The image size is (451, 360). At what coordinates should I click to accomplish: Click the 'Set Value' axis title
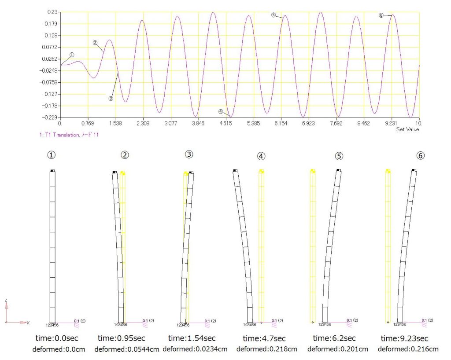pos(407,129)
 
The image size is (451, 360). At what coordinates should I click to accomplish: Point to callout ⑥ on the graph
pos(381,15)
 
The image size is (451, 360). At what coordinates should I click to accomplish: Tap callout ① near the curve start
pos(72,55)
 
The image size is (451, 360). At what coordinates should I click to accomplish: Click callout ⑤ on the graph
pos(273,15)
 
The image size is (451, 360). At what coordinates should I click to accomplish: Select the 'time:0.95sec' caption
pos(121,338)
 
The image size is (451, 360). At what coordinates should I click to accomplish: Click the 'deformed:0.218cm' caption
pos(266,349)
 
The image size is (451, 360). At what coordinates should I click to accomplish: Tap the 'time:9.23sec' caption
pos(404,338)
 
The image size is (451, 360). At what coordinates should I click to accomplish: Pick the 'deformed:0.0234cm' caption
pos(195,349)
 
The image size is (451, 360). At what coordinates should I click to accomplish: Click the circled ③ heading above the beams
pos(189,154)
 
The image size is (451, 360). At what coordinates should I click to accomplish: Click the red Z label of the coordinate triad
pos(6,300)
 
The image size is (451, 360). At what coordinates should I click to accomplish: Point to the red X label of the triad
pos(28,323)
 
